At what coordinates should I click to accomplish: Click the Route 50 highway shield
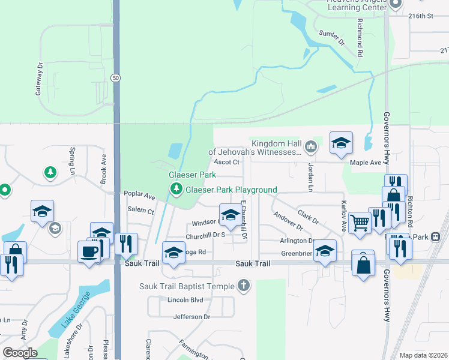tap(115, 77)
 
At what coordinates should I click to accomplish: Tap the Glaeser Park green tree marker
tap(176, 190)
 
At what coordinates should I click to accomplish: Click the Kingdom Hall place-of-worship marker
tap(310, 146)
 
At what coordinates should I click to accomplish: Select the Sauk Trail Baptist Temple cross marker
tap(243, 286)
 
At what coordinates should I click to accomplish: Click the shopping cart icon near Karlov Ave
tap(360, 222)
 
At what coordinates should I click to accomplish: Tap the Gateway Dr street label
tap(40, 79)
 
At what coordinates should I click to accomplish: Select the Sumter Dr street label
tap(332, 38)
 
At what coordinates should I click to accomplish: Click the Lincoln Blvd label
tap(185, 300)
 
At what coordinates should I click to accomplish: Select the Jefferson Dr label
tap(192, 317)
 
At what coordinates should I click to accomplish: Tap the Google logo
tap(20, 353)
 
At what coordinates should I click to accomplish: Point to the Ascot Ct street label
tap(227, 162)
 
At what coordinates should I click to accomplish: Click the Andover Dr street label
tap(288, 221)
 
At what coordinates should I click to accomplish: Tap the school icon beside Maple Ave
tap(341, 142)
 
